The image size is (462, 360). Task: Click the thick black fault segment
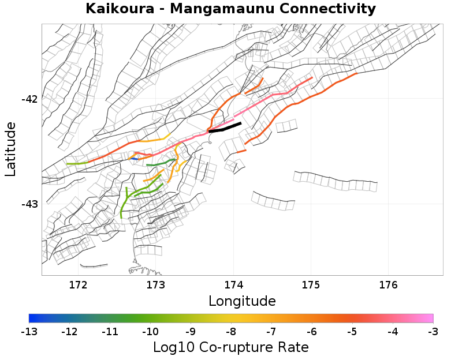[225, 127]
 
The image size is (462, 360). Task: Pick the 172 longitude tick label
[78, 284]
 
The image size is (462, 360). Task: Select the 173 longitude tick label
[155, 284]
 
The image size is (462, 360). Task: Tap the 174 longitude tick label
[233, 284]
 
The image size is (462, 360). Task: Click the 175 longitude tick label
[311, 284]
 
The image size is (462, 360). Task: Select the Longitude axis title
[242, 301]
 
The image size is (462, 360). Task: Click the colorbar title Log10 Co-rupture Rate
[231, 347]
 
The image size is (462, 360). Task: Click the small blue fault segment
[133, 157]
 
